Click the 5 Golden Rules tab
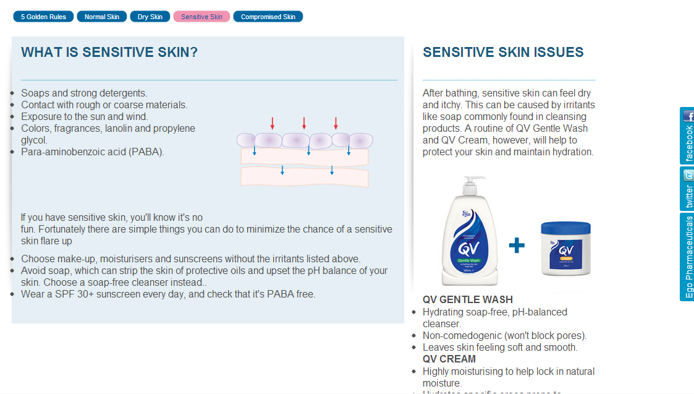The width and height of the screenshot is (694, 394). (43, 17)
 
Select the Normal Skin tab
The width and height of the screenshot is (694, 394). (102, 17)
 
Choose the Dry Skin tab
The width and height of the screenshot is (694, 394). (150, 17)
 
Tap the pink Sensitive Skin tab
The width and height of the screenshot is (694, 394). (201, 17)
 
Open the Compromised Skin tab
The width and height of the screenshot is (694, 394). (268, 17)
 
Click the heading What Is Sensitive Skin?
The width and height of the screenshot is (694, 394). (109, 53)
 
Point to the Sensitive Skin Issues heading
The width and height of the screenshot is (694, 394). (503, 53)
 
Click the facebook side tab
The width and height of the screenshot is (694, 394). (688, 136)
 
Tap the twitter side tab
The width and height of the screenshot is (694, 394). (688, 189)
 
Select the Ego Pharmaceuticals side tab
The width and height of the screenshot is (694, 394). (688, 257)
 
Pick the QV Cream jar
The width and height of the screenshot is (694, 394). (565, 249)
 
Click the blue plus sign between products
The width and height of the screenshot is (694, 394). (517, 246)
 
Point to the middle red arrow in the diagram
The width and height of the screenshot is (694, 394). (304, 122)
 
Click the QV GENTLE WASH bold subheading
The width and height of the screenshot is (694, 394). (468, 300)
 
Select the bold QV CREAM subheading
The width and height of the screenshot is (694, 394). (449, 359)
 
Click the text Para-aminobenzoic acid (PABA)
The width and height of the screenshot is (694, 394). (93, 152)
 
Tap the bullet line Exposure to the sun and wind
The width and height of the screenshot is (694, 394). (85, 117)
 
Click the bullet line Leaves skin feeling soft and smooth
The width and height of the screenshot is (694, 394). (500, 348)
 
